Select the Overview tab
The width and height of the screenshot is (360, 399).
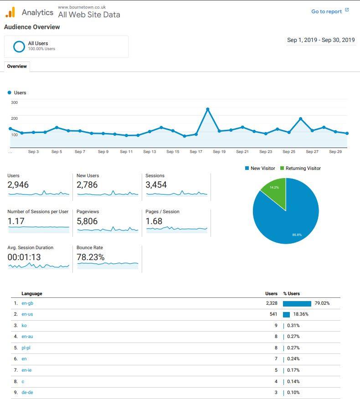click(17, 66)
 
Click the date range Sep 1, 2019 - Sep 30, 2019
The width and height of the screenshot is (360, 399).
click(321, 40)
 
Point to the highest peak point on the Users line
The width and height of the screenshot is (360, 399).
click(208, 109)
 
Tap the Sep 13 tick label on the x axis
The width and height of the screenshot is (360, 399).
click(149, 152)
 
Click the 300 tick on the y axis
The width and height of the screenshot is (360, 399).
click(14, 102)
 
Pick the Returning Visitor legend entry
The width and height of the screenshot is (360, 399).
click(300, 169)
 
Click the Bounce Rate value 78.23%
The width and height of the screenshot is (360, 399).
click(91, 257)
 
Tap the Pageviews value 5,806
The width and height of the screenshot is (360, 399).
click(87, 221)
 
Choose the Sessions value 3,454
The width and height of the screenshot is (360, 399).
click(156, 185)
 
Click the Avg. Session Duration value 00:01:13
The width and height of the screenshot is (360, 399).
click(24, 257)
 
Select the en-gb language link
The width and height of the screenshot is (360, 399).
click(27, 303)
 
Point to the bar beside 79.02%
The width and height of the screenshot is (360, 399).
click(297, 303)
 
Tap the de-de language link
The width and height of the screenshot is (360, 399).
click(27, 393)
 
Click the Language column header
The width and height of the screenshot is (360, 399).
click(31, 294)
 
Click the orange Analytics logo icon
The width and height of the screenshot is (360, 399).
click(10, 12)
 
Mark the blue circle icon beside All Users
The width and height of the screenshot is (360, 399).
click(19, 46)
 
